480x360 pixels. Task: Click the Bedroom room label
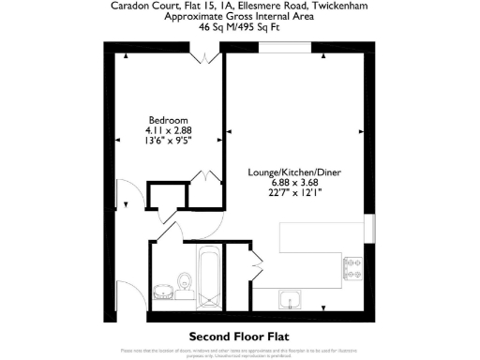coord(170,120)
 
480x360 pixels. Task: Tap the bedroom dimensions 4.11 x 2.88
coord(170,130)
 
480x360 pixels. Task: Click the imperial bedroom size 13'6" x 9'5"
coord(170,142)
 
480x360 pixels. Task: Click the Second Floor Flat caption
coord(240,335)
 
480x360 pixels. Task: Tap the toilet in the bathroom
coord(185,280)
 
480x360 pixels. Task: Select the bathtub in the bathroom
coord(210,272)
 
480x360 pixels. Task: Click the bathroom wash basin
coord(163,287)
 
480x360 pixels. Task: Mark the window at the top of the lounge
coord(285,47)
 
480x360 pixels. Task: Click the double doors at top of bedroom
coord(199,56)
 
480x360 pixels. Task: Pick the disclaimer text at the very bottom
coord(240,352)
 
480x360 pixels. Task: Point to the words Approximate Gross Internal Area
coord(240,16)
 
